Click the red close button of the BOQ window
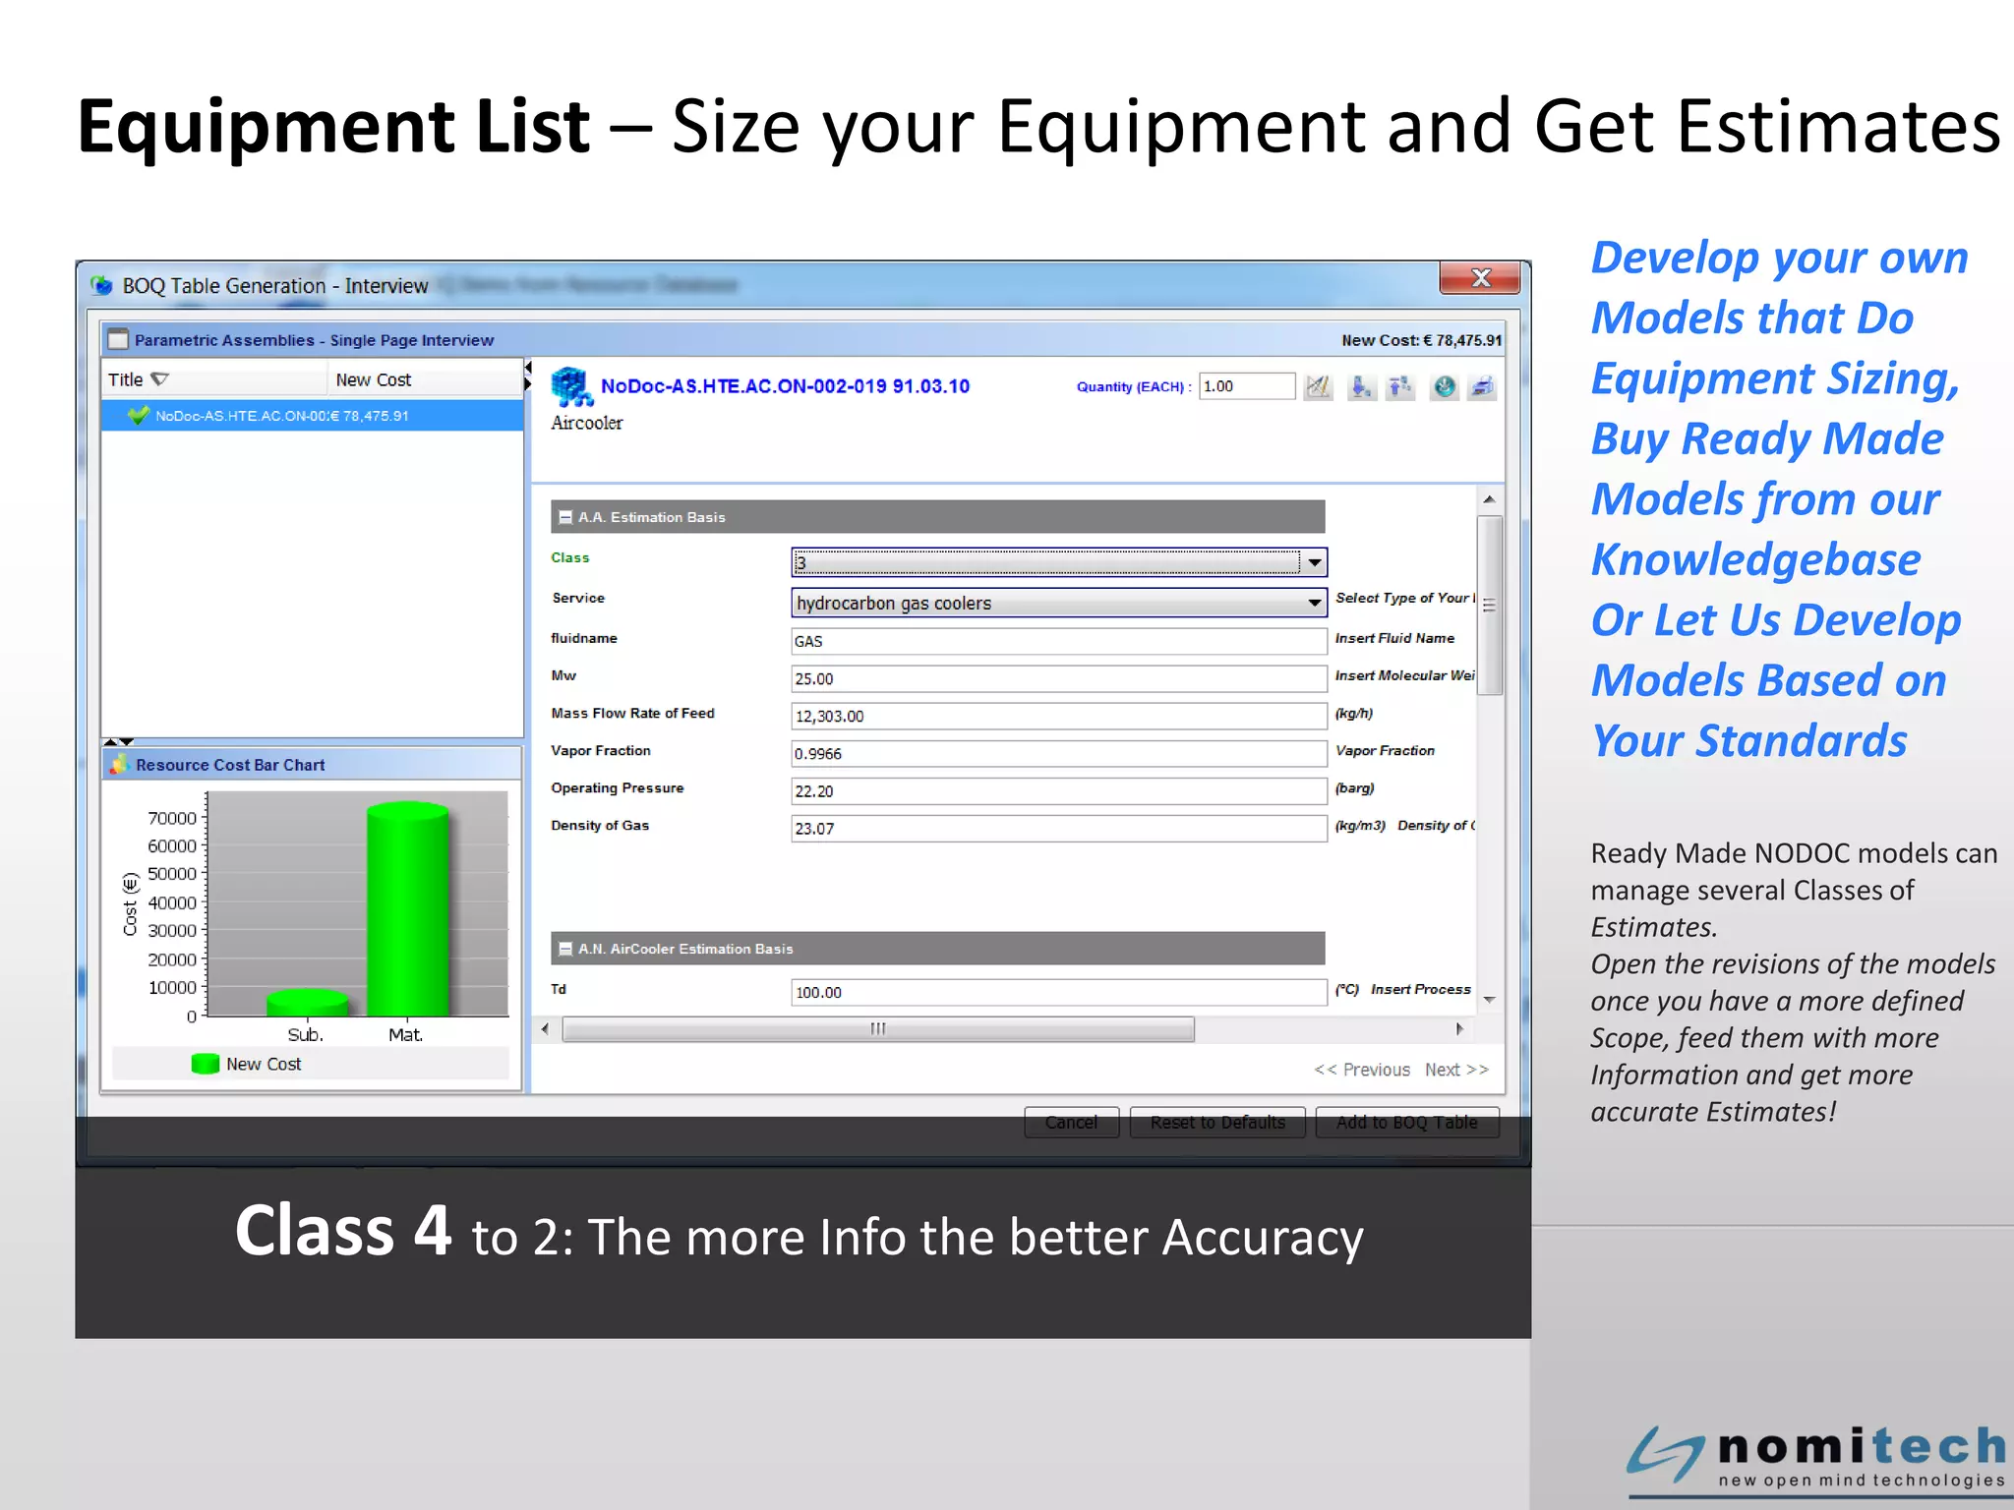(x=1479, y=278)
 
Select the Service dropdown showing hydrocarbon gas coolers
(x=1058, y=603)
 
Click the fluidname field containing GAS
(x=1058, y=641)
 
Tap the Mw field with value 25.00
(x=1058, y=678)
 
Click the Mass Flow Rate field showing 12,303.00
(x=1058, y=716)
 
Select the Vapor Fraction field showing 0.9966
(x=1058, y=753)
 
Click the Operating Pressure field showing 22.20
(x=1058, y=790)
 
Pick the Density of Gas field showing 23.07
(x=1058, y=828)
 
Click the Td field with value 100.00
(x=1058, y=992)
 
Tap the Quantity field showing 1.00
(x=1246, y=386)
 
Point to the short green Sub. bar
(x=307, y=1003)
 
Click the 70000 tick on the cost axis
(x=172, y=818)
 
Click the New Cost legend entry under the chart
(x=247, y=1064)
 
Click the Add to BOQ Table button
(x=1406, y=1122)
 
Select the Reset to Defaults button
(x=1217, y=1122)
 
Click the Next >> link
(x=1456, y=1070)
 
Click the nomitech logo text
(x=1861, y=1447)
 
